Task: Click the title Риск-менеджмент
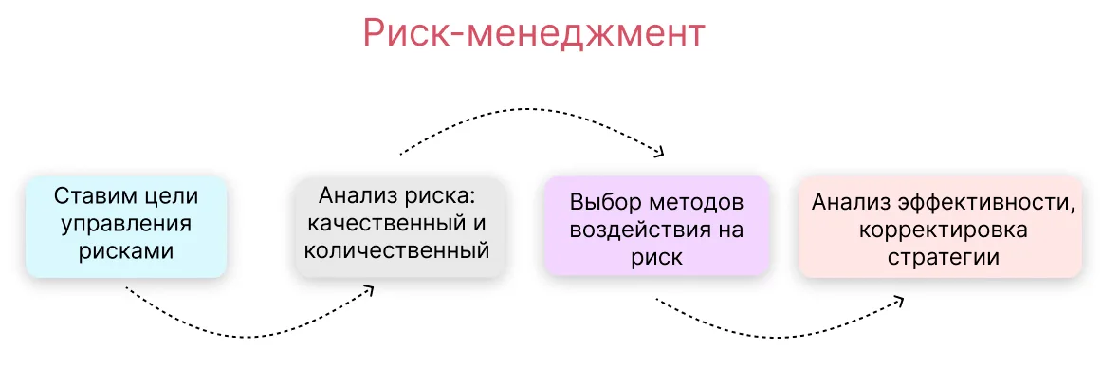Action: (x=533, y=34)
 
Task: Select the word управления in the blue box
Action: (x=126, y=223)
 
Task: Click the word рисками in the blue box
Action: (x=126, y=251)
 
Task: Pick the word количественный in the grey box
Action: (x=398, y=250)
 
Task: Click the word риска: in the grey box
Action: (x=447, y=195)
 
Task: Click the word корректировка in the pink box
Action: (x=943, y=230)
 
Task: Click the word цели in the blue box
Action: (x=174, y=196)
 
